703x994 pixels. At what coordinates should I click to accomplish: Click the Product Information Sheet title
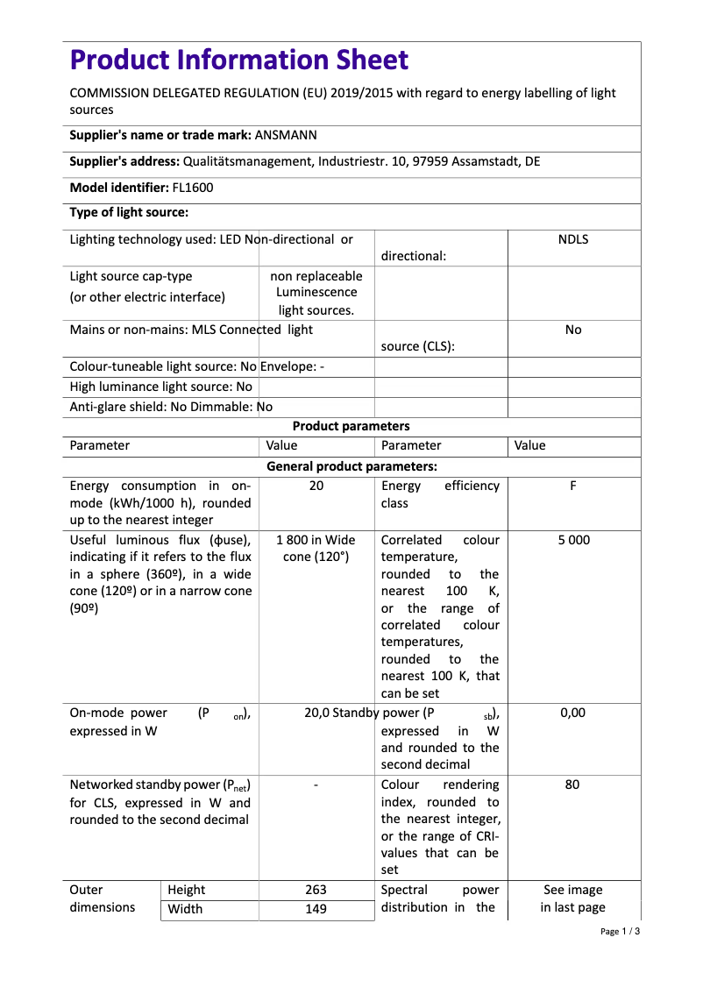click(x=238, y=60)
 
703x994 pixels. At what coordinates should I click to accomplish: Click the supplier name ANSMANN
click(x=286, y=135)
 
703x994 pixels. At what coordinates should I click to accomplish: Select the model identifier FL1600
click(x=193, y=188)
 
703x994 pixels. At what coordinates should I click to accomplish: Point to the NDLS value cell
click(x=573, y=239)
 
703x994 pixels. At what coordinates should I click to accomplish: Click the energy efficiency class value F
click(x=573, y=486)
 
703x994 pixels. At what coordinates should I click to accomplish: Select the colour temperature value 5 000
click(x=573, y=540)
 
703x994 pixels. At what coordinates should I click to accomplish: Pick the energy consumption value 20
click(x=316, y=486)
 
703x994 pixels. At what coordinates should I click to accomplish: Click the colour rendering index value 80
click(x=572, y=785)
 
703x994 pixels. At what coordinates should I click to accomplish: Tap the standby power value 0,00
click(x=572, y=713)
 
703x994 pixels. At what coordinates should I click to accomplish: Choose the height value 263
click(x=316, y=890)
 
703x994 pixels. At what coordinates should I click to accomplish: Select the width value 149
click(x=316, y=909)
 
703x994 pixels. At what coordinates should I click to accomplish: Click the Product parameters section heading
click(x=351, y=426)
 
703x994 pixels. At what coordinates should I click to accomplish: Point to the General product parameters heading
click(x=351, y=466)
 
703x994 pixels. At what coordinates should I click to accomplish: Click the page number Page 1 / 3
click(x=620, y=932)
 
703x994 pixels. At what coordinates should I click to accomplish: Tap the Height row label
click(x=187, y=890)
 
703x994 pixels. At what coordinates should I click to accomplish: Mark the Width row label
click(x=185, y=909)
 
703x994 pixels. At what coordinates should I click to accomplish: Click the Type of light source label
click(x=129, y=212)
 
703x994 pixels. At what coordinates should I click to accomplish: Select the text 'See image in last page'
click(x=573, y=898)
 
